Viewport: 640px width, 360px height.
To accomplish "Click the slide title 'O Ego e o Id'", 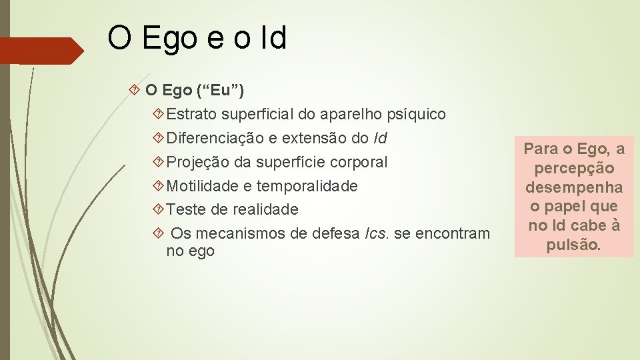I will click(x=197, y=38).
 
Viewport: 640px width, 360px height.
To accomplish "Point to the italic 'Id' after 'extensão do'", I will click(x=380, y=139).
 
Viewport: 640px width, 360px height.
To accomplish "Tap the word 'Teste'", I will click(x=186, y=210).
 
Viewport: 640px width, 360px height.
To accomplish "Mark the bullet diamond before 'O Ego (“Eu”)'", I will click(x=136, y=89).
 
